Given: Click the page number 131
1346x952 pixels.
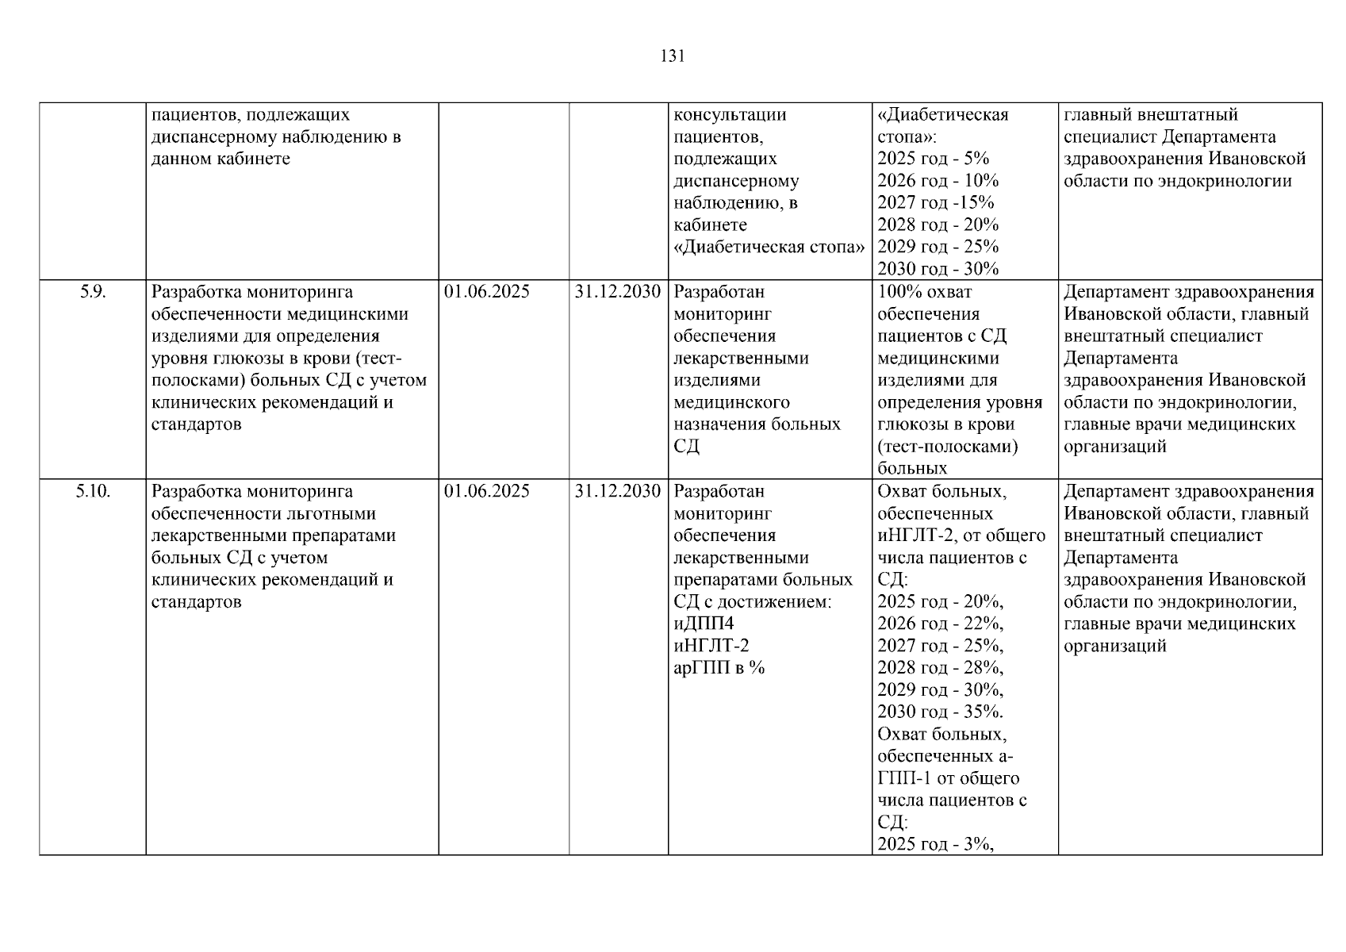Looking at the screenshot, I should [x=672, y=56].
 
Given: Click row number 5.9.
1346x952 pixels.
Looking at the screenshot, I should [x=92, y=292].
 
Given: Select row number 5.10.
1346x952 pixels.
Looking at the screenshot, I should [x=93, y=491].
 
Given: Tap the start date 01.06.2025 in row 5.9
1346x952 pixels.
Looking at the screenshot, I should [x=487, y=292].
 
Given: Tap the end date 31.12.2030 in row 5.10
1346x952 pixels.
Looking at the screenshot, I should [x=618, y=491].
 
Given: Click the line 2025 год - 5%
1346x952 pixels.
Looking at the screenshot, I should [x=933, y=159].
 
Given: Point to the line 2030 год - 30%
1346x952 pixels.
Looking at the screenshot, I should [x=938, y=269].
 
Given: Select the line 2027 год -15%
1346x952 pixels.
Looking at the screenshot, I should [x=935, y=203].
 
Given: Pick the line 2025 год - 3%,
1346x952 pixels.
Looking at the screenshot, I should [x=935, y=844].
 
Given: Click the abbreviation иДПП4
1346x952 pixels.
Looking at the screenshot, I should [x=704, y=624].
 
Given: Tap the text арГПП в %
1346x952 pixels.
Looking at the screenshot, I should [x=719, y=668].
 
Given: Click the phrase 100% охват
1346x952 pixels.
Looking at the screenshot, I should [x=924, y=292].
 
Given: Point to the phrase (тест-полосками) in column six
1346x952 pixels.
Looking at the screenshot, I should [x=947, y=447].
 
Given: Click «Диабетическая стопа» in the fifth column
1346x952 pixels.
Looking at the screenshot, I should [x=769, y=247].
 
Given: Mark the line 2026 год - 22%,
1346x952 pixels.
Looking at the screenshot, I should [x=940, y=624].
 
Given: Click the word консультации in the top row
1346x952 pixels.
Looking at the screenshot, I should [x=730, y=115].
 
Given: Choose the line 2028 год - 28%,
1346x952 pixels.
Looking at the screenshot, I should [x=940, y=668].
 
